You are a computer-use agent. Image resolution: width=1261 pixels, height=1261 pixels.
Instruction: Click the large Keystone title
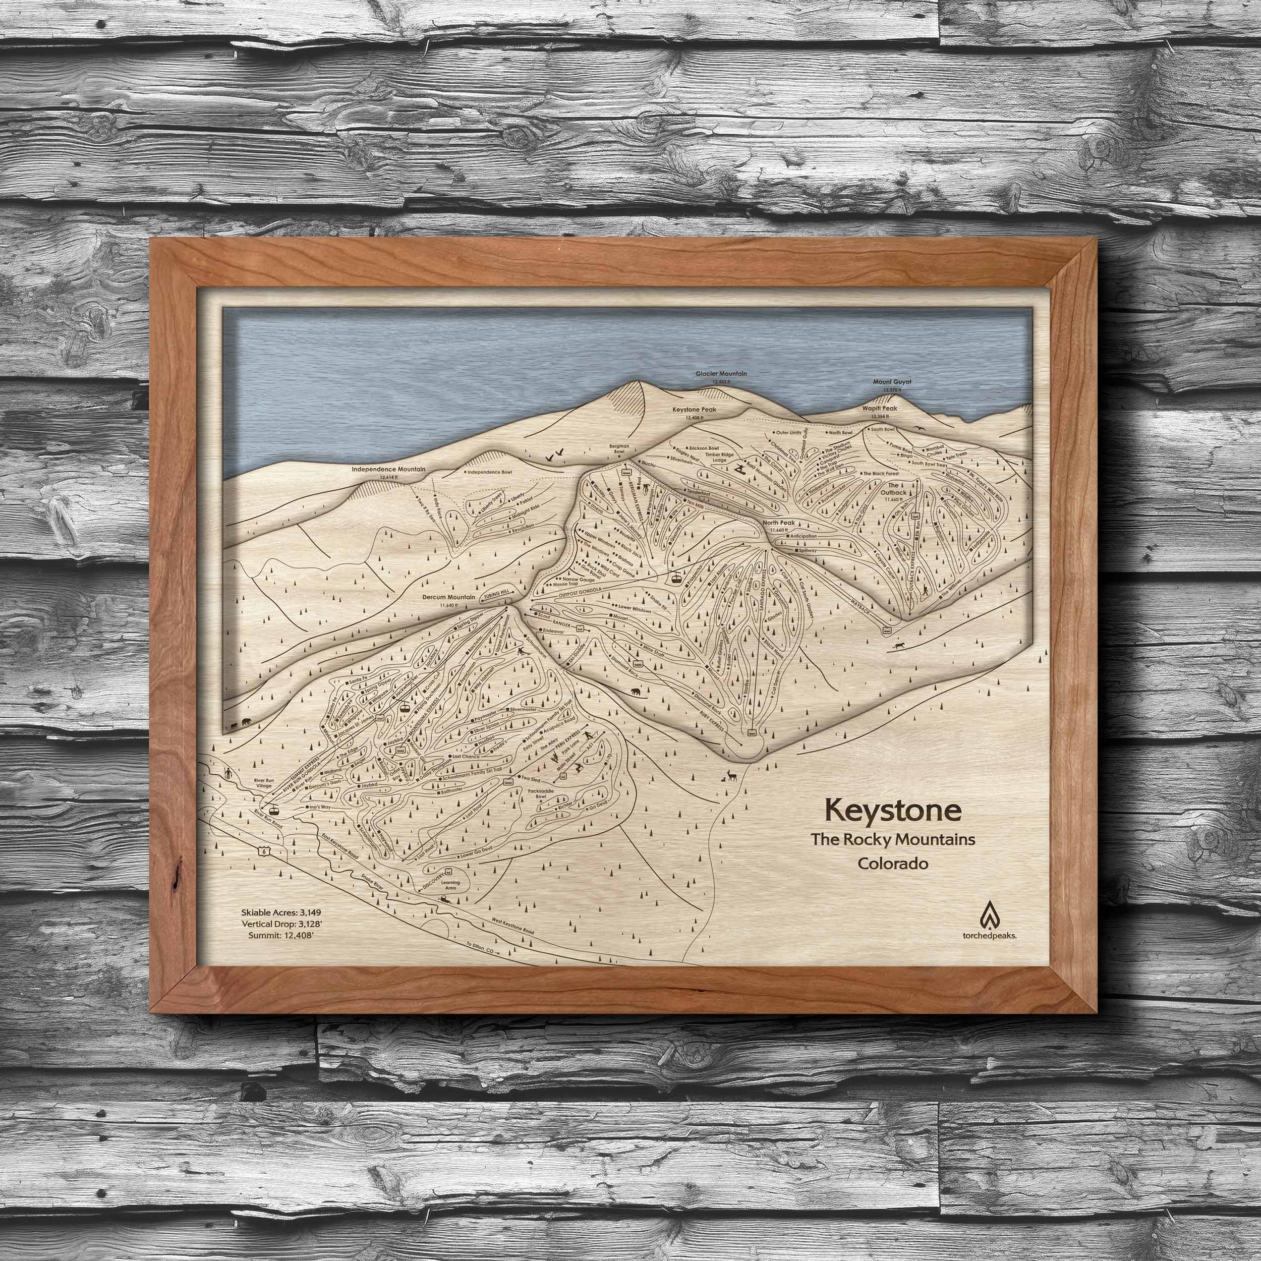coord(892,810)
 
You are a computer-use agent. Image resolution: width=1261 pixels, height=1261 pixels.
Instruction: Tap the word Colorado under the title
coord(893,863)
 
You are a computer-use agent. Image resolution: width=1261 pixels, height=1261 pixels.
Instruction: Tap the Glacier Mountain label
coord(721,374)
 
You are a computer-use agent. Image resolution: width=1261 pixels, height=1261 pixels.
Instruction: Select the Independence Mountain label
coord(388,469)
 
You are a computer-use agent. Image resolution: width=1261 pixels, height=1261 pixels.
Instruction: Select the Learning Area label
coord(450,886)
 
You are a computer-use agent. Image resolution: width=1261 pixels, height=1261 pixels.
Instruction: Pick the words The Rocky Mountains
coord(892,839)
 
